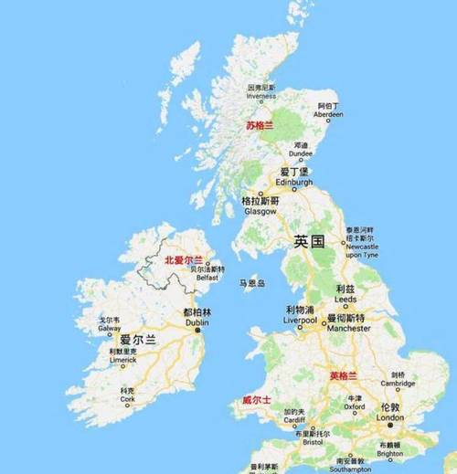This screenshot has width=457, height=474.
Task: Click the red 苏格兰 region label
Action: click(260, 126)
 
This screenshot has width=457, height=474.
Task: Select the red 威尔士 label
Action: click(257, 400)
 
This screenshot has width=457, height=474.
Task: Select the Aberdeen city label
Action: click(329, 114)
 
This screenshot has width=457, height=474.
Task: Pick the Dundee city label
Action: click(301, 154)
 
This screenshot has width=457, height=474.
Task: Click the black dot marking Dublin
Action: click(197, 329)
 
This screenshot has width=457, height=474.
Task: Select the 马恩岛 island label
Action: click(251, 283)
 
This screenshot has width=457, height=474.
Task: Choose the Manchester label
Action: click(348, 327)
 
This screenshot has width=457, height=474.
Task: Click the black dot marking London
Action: click(390, 424)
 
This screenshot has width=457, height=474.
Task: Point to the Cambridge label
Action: click(398, 384)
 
